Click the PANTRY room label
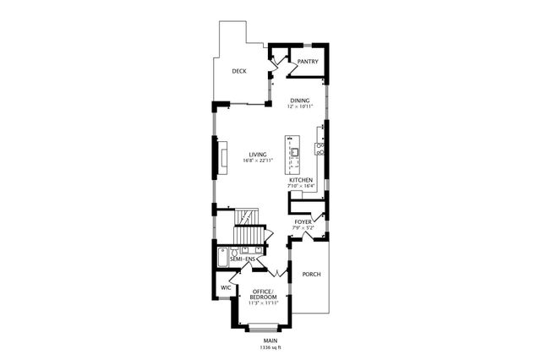click(x=307, y=62)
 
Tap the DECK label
click(x=240, y=72)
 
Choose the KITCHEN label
click(x=301, y=180)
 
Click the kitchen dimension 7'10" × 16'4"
click(x=301, y=186)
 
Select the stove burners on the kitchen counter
click(x=321, y=150)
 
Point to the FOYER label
click(x=303, y=221)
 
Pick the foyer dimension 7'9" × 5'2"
click(x=303, y=227)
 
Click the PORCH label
click(x=311, y=274)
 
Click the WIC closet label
click(x=226, y=288)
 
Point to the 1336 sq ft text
click(x=270, y=347)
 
